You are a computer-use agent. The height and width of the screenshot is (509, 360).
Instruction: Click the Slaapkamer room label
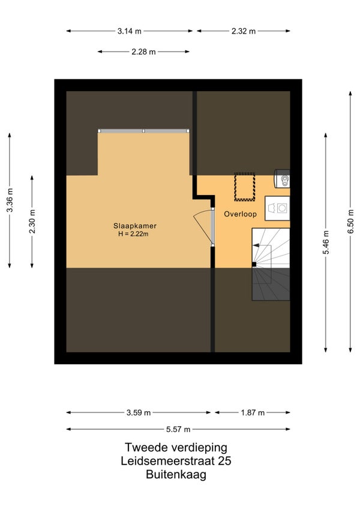[135, 226]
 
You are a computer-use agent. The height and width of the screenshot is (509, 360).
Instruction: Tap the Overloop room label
[240, 214]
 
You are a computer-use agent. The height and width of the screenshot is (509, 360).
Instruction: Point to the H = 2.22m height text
[133, 234]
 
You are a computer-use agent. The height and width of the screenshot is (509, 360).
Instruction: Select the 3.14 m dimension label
[129, 31]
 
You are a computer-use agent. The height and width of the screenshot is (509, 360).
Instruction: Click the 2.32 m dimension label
[244, 31]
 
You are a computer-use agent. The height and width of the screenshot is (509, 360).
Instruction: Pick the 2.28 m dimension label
[143, 52]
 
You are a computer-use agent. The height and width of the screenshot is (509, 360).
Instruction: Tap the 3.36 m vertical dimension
[10, 200]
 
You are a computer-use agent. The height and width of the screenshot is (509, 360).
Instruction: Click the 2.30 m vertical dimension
[32, 221]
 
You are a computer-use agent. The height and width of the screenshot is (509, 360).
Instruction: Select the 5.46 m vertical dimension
[326, 242]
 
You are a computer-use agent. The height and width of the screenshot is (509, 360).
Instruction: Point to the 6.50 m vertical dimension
[350, 221]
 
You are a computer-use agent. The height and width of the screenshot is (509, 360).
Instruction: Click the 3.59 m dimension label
[138, 412]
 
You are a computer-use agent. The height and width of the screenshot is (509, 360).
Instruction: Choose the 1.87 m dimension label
[253, 412]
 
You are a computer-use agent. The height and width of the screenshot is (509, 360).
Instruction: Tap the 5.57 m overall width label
[178, 430]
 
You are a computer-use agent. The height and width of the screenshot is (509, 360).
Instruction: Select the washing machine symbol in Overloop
[277, 208]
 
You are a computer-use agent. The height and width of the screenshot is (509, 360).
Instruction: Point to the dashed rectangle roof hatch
[244, 187]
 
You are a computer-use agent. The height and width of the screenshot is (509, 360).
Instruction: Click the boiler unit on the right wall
[282, 178]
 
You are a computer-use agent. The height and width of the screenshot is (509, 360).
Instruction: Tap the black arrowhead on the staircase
[256, 245]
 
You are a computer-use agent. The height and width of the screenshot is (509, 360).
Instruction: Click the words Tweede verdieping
[176, 447]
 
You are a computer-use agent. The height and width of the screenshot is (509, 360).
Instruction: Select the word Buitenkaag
[176, 475]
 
